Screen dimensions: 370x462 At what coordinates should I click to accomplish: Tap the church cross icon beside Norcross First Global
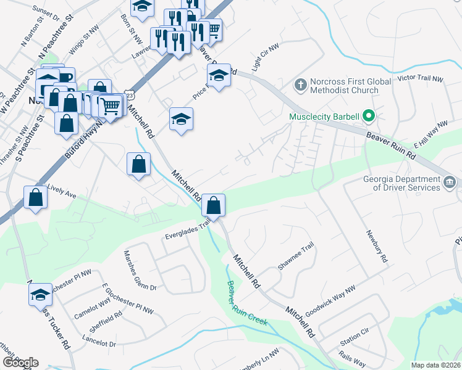click(x=300, y=83)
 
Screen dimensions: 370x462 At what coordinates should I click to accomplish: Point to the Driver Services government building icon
click(x=450, y=182)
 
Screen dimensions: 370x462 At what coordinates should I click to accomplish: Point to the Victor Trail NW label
click(x=421, y=80)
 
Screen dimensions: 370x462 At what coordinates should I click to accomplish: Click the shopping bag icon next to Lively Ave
click(x=36, y=199)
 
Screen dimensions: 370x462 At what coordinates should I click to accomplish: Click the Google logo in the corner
click(x=20, y=362)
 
